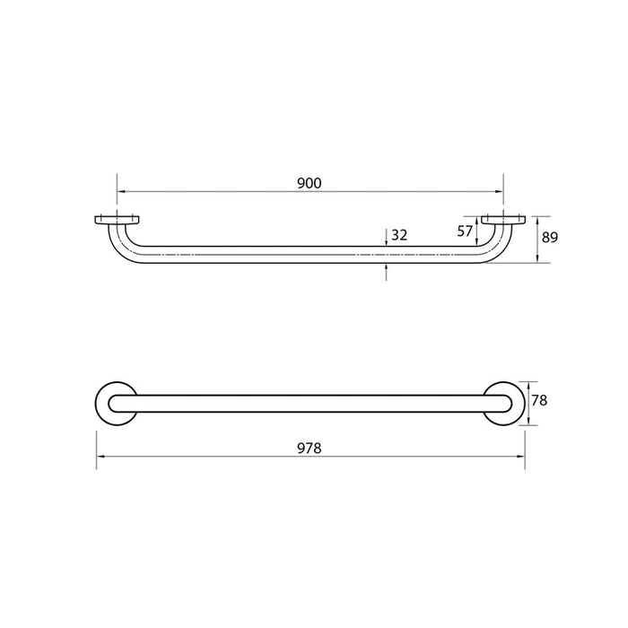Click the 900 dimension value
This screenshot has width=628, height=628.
(x=309, y=183)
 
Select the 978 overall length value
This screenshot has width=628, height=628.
(x=309, y=447)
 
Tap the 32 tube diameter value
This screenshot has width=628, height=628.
(x=400, y=236)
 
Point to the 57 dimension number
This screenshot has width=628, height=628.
(x=465, y=231)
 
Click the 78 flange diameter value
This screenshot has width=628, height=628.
(x=539, y=401)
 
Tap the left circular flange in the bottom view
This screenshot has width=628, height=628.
(x=115, y=402)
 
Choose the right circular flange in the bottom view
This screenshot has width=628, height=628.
(x=504, y=402)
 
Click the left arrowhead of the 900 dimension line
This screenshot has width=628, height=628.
(x=121, y=191)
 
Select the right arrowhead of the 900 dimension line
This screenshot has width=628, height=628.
(x=498, y=191)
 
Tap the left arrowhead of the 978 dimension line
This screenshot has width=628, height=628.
(x=100, y=456)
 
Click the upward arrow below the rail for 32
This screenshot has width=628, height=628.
(x=387, y=266)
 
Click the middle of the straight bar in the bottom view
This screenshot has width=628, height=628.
(x=310, y=402)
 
